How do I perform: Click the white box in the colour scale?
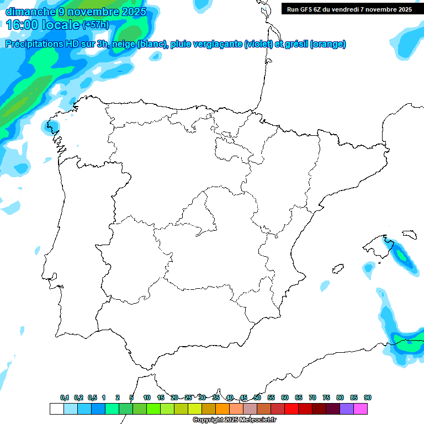56,409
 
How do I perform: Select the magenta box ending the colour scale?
361,409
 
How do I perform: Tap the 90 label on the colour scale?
368,397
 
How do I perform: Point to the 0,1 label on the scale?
65,397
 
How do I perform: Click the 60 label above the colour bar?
285,397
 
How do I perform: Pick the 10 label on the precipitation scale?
147,397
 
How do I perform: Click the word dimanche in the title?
31,12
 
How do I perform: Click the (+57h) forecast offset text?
96,25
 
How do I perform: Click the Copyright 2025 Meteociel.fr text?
234,420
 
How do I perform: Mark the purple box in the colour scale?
347,409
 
